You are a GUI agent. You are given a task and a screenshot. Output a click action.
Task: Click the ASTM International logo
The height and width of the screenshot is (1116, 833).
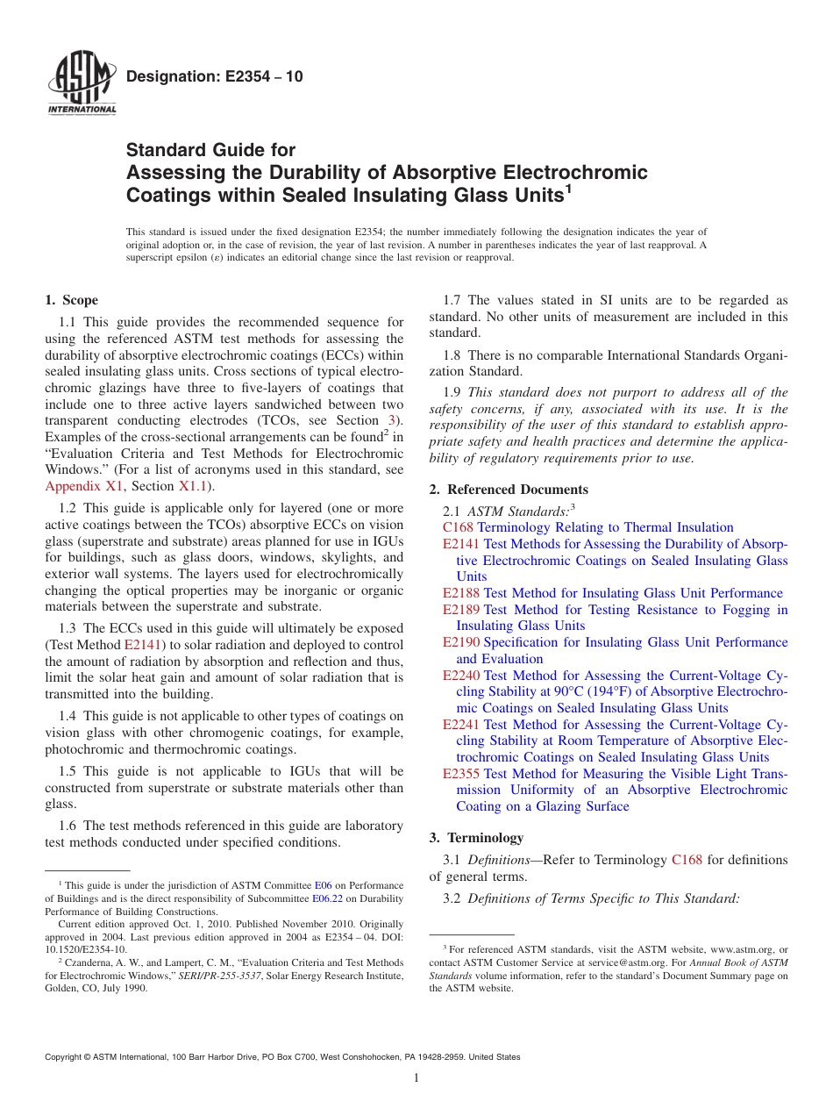pos(81,82)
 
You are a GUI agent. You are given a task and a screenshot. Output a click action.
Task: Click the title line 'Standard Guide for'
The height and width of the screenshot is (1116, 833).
pos(210,150)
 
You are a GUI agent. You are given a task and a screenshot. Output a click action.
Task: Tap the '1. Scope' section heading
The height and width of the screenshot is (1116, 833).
pos(72,300)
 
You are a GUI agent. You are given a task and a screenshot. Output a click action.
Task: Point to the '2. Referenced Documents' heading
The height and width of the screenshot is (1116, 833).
pos(509,490)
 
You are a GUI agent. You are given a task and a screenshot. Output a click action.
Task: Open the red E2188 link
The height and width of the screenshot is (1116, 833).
pos(461,593)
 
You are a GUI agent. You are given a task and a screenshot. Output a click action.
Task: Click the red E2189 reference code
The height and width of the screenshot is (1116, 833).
pos(461,610)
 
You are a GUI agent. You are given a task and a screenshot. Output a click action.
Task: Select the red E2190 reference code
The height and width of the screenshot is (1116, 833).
pos(461,642)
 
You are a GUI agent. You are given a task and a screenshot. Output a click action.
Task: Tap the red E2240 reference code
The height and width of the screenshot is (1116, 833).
pos(461,676)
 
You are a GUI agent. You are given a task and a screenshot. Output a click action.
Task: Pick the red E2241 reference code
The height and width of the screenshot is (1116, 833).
pos(461,725)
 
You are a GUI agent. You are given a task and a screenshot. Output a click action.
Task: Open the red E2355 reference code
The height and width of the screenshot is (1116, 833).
pos(461,774)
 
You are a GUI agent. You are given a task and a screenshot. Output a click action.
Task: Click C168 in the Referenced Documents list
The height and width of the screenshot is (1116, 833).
pos(458,527)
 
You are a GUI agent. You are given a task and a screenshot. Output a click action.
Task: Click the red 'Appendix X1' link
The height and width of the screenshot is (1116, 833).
pos(85,486)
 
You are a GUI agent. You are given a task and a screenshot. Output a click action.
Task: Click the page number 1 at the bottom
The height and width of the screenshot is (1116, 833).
pos(416,1078)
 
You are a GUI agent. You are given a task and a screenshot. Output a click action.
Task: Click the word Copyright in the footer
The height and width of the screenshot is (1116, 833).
pos(67,1057)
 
